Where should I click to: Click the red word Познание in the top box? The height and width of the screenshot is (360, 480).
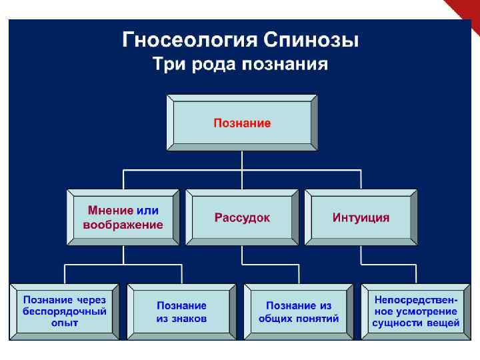[242, 123]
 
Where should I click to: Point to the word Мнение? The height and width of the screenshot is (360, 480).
[109, 211]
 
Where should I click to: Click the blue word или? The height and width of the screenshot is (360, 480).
[147, 211]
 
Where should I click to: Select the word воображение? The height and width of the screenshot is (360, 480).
[123, 225]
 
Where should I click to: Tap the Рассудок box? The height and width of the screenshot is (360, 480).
[242, 218]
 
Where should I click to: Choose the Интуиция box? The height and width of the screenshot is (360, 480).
[361, 218]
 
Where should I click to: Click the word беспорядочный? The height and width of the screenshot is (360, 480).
[65, 311]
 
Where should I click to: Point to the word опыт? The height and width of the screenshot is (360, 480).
[65, 323]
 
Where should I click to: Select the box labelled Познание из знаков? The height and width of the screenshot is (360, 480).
[182, 312]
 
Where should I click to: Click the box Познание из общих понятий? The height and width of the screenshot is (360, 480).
[299, 312]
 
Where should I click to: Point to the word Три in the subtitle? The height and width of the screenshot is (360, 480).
[167, 65]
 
